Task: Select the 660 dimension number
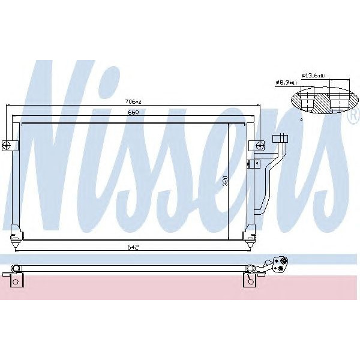(133, 112)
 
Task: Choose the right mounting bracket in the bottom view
(249, 279)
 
